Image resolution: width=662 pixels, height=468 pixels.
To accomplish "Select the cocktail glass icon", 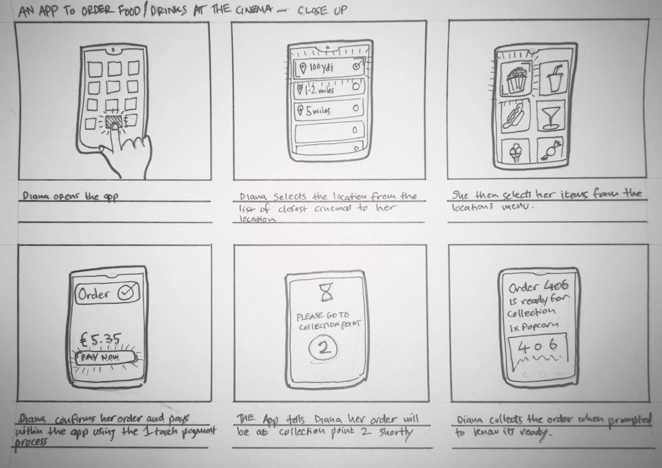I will click(x=550, y=115).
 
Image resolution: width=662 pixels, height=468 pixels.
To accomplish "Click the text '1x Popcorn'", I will click(x=533, y=326).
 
